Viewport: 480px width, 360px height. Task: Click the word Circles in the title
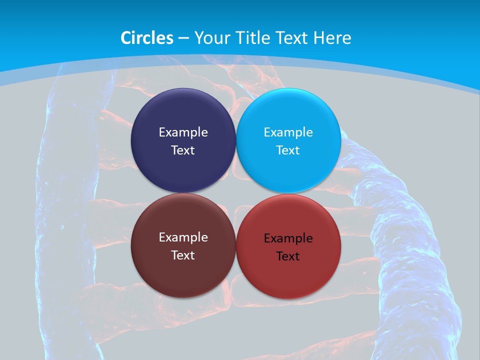point(146,38)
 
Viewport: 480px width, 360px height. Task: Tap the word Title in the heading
point(253,38)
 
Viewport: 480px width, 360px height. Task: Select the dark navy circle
point(183,112)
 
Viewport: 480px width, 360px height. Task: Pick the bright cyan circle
point(288,112)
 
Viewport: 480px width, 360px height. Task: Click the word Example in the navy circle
point(183,132)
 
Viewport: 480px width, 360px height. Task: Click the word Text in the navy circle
point(183,150)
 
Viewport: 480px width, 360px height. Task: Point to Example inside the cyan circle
point(288,132)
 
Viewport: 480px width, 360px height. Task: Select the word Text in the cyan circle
point(288,150)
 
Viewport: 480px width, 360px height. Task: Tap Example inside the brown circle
point(183,237)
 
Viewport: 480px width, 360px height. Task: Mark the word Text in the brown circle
point(183,255)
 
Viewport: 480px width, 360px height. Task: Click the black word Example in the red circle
point(288,238)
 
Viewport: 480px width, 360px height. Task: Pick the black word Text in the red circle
point(288,256)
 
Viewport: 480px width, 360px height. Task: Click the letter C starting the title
point(126,38)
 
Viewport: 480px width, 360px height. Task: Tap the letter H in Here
point(318,38)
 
